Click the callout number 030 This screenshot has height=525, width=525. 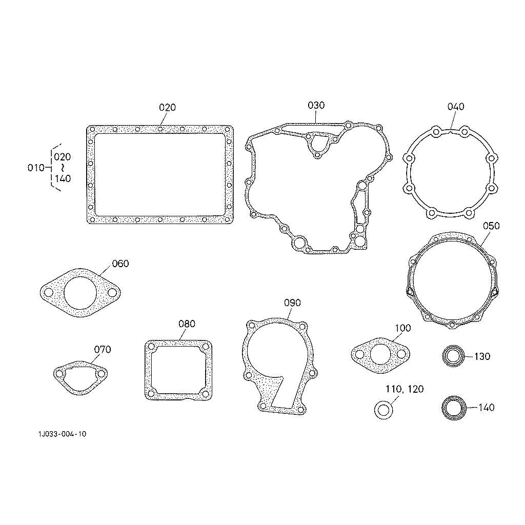(316, 106)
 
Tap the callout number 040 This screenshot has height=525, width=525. (456, 107)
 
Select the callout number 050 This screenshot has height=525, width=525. (491, 226)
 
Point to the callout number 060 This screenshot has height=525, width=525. (120, 264)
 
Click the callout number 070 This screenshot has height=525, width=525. (102, 350)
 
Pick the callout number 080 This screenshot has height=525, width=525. (187, 324)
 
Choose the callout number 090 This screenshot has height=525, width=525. (292, 302)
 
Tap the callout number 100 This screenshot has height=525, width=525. (403, 328)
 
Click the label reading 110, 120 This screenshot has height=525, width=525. (405, 389)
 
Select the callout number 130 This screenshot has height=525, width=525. (482, 357)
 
